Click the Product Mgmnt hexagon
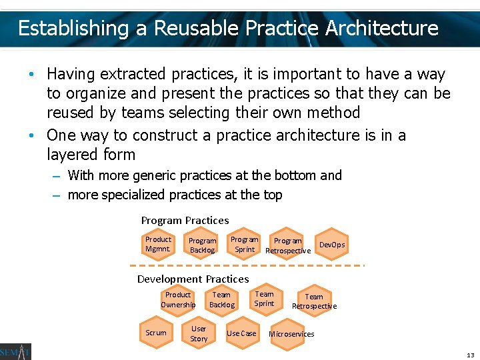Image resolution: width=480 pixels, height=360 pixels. tap(158, 244)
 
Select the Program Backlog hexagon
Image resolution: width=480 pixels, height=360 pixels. tap(202, 245)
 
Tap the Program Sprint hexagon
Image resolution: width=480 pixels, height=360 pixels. tap(245, 244)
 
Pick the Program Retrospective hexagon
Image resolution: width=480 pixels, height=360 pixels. tap(288, 245)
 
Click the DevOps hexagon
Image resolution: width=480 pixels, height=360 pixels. tap(332, 245)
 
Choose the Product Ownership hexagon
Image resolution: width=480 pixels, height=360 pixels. tap(178, 299)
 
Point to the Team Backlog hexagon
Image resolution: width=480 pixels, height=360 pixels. tap(222, 299)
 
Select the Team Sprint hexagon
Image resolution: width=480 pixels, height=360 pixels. tap(265, 298)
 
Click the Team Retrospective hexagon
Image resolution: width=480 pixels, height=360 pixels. tap(314, 301)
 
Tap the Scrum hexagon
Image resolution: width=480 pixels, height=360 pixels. tap(156, 333)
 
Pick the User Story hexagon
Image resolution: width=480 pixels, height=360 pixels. tap(199, 333)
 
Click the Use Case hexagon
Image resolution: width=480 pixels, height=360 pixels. tap(241, 333)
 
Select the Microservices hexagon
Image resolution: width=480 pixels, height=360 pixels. tap(291, 333)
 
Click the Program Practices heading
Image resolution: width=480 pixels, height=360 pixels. tap(185, 220)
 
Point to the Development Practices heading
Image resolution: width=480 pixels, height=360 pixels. tap(193, 279)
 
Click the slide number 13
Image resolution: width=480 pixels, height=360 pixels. tap(470, 355)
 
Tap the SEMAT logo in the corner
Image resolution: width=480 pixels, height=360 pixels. tap(15, 351)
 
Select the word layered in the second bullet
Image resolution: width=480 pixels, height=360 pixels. tap(73, 155)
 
